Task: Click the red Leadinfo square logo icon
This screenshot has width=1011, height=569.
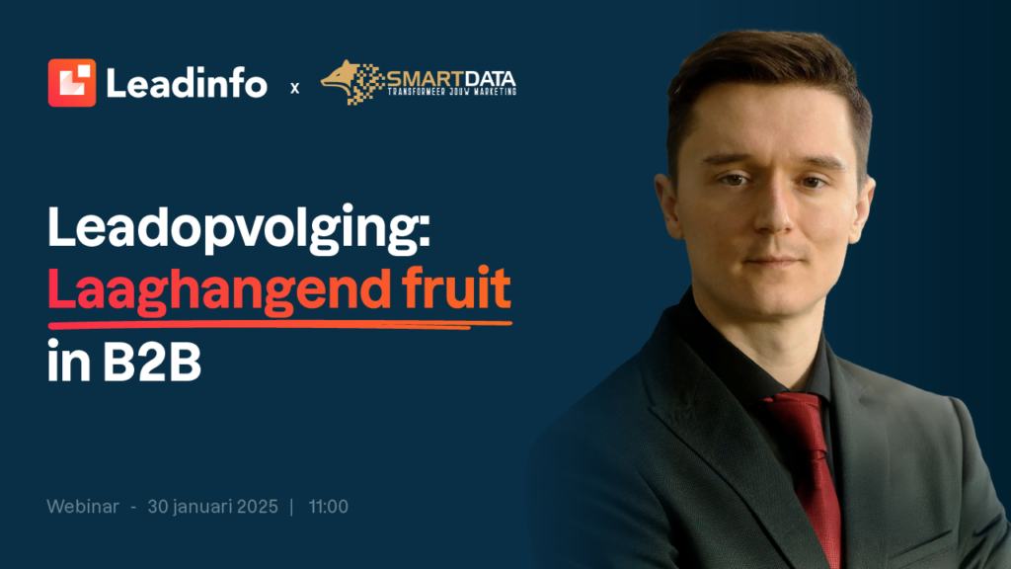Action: click(71, 83)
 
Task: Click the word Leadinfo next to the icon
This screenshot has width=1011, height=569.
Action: click(187, 83)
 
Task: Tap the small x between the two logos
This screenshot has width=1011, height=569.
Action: click(294, 88)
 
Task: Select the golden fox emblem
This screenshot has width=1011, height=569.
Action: click(351, 82)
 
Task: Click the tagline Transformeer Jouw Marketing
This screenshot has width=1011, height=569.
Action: click(451, 92)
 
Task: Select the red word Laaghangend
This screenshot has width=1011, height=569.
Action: click(219, 289)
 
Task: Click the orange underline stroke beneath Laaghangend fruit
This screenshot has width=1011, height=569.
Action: click(279, 324)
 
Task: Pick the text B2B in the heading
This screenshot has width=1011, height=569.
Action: click(152, 362)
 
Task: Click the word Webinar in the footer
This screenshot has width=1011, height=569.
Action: click(83, 507)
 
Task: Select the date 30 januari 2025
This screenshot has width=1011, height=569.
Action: click(213, 507)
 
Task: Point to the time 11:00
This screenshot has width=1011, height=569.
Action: click(328, 507)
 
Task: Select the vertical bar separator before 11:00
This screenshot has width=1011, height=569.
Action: click(292, 507)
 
